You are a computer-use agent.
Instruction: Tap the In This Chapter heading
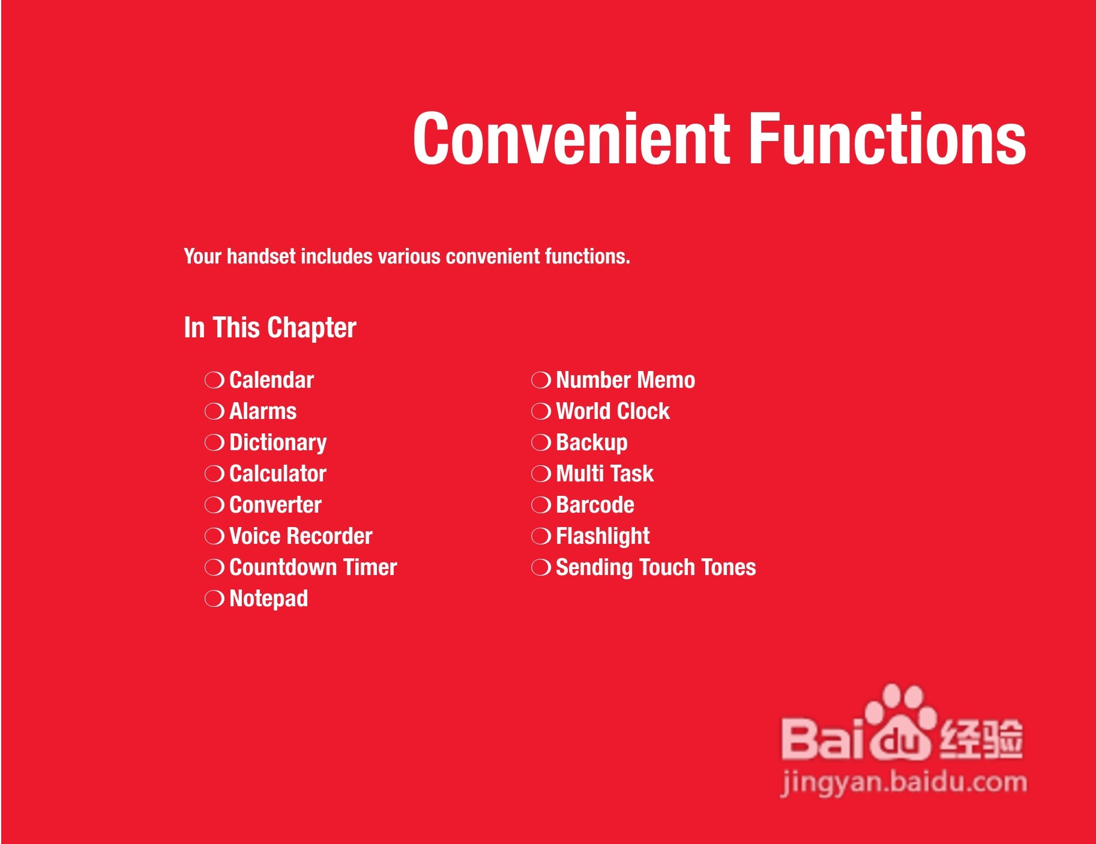click(x=270, y=328)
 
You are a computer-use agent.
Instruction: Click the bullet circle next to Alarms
click(x=214, y=411)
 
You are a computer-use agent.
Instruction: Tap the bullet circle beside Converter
click(x=214, y=505)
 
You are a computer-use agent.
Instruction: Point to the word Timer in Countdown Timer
click(x=370, y=567)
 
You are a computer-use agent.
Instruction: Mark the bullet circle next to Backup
click(x=541, y=442)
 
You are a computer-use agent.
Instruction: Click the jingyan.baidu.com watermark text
click(x=904, y=783)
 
